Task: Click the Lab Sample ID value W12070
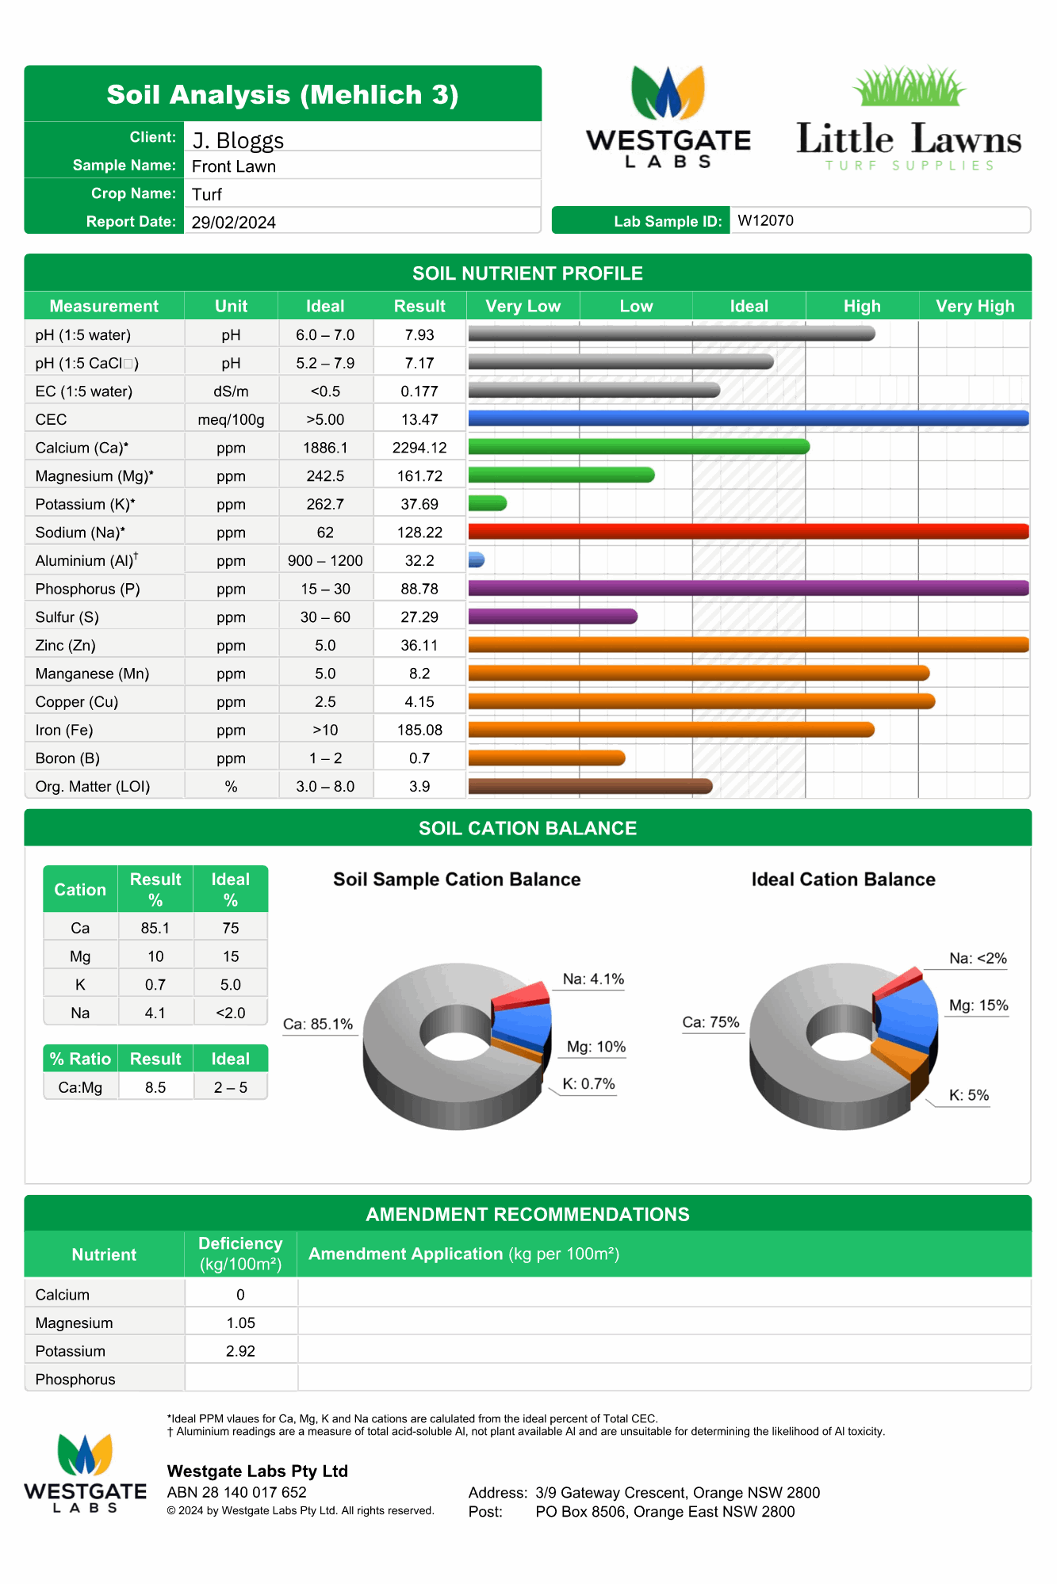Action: [x=765, y=220]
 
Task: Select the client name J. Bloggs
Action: [x=238, y=140]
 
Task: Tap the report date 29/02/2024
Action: [x=233, y=223]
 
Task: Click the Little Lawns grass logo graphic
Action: [x=909, y=86]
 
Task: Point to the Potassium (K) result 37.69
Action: [x=419, y=504]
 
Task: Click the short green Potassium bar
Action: [x=487, y=503]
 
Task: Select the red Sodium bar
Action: [x=748, y=532]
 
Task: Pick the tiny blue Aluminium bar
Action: [x=476, y=560]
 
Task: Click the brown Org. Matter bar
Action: [x=590, y=786]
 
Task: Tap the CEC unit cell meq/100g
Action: [x=231, y=419]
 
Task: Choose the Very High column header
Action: [x=975, y=306]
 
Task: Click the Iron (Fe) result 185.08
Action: [x=419, y=730]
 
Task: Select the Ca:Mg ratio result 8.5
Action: [x=155, y=1087]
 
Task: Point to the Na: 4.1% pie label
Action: [x=593, y=979]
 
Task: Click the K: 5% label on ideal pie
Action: [x=969, y=1095]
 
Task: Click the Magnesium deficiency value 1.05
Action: [x=240, y=1323]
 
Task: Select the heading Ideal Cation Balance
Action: [x=843, y=880]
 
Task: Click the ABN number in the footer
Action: [x=236, y=1492]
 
